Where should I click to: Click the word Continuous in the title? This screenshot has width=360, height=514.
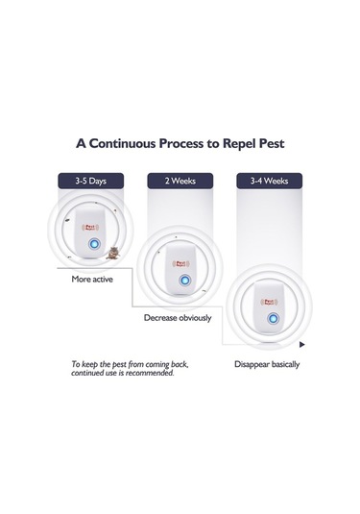pos(123,143)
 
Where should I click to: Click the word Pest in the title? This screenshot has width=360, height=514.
pos(272,143)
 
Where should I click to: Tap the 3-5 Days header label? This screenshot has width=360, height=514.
pos(91,181)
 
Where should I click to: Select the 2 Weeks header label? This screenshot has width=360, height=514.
pos(180,181)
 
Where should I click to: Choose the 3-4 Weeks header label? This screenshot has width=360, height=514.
pos(269,181)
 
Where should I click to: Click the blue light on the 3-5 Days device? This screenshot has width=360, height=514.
pos(94,244)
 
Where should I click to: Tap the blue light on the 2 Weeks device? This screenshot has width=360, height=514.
pos(184,281)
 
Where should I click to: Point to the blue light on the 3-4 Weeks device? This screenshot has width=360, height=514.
pos(274,318)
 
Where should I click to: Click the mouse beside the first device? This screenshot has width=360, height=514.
pos(112,253)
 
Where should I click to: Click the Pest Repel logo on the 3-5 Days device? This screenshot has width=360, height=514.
pos(90,227)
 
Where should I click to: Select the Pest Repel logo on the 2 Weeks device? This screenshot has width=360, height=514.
pos(180,264)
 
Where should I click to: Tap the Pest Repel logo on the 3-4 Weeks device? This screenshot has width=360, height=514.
pos(269,302)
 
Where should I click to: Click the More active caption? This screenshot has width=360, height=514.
pos(92,280)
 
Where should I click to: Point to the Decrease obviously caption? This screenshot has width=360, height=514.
pos(178,318)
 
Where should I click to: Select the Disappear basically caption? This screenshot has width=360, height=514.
pos(267,364)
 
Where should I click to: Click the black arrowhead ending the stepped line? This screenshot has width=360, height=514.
pos(302,345)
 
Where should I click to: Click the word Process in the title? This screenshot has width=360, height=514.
pos(181,143)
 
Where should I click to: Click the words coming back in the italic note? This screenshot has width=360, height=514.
pos(167,364)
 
